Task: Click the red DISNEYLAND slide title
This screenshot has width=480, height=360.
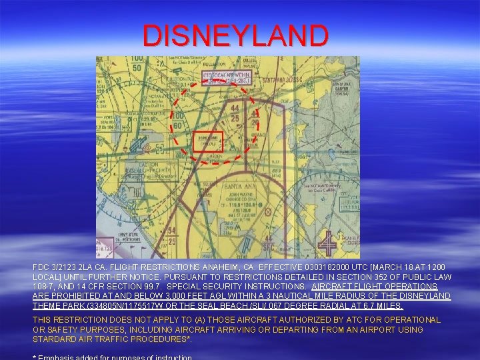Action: coord(235,35)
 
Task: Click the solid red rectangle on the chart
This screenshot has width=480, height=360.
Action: coord(207,141)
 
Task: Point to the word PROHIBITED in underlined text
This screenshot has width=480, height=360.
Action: coord(67,296)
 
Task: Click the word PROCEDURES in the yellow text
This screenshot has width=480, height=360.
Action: coord(163,339)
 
